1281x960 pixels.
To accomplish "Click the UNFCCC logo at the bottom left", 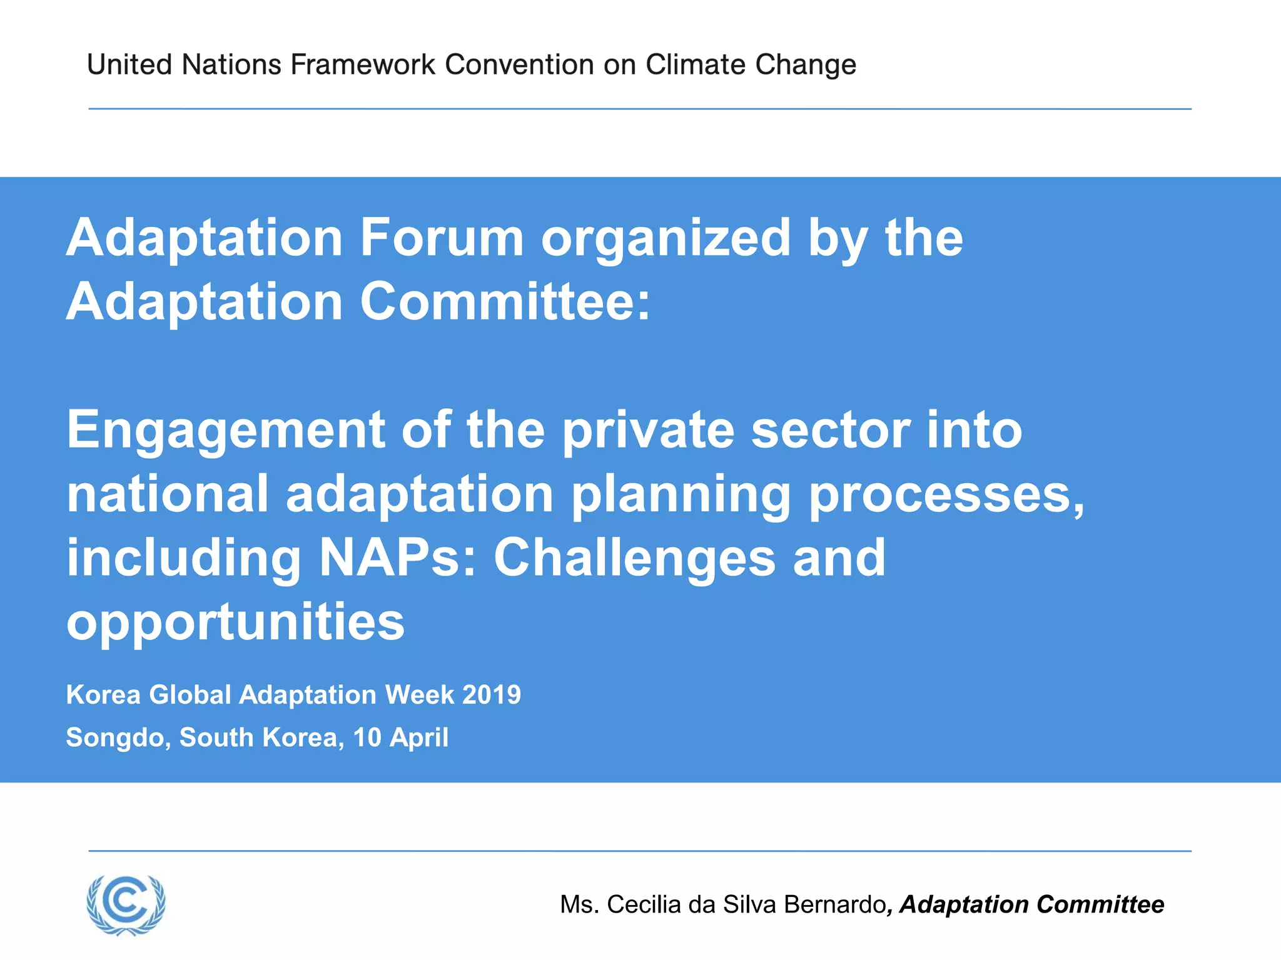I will [126, 904].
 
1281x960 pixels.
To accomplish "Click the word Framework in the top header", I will [363, 64].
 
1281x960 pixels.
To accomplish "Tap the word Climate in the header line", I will [695, 64].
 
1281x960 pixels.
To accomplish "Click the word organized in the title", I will [666, 239].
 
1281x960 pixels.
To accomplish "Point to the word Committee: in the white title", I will [505, 301].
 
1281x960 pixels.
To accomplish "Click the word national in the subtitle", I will [168, 494].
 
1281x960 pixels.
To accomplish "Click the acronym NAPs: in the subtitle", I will [398, 557].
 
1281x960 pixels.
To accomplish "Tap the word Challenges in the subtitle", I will [635, 559].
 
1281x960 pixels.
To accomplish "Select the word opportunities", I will [236, 623].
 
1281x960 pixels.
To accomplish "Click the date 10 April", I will [401, 738].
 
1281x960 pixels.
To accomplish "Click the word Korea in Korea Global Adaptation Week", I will [103, 695].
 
